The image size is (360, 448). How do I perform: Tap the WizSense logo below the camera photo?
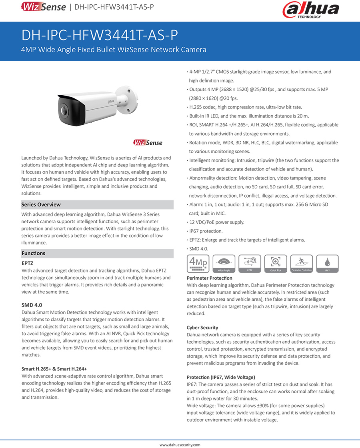click(148, 143)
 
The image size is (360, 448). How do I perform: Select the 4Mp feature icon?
click(197, 264)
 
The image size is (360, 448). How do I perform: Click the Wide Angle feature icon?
click(224, 264)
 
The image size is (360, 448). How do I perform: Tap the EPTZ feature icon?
click(250, 264)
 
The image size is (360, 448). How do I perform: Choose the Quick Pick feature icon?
click(276, 264)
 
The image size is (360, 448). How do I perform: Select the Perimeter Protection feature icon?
click(302, 264)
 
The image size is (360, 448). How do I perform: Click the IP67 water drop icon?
click(327, 264)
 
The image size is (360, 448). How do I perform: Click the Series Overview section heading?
click(41, 205)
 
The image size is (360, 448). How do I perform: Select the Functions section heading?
click(34, 253)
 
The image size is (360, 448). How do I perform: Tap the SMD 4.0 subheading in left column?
click(32, 305)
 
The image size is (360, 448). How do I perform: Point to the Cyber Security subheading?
click(202, 328)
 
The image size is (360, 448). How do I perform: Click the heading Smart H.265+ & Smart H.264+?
click(54, 369)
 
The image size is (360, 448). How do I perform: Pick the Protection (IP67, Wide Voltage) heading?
click(221, 377)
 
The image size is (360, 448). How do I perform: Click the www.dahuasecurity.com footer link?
click(180, 444)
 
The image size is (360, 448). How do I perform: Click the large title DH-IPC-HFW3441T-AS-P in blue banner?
click(100, 36)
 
